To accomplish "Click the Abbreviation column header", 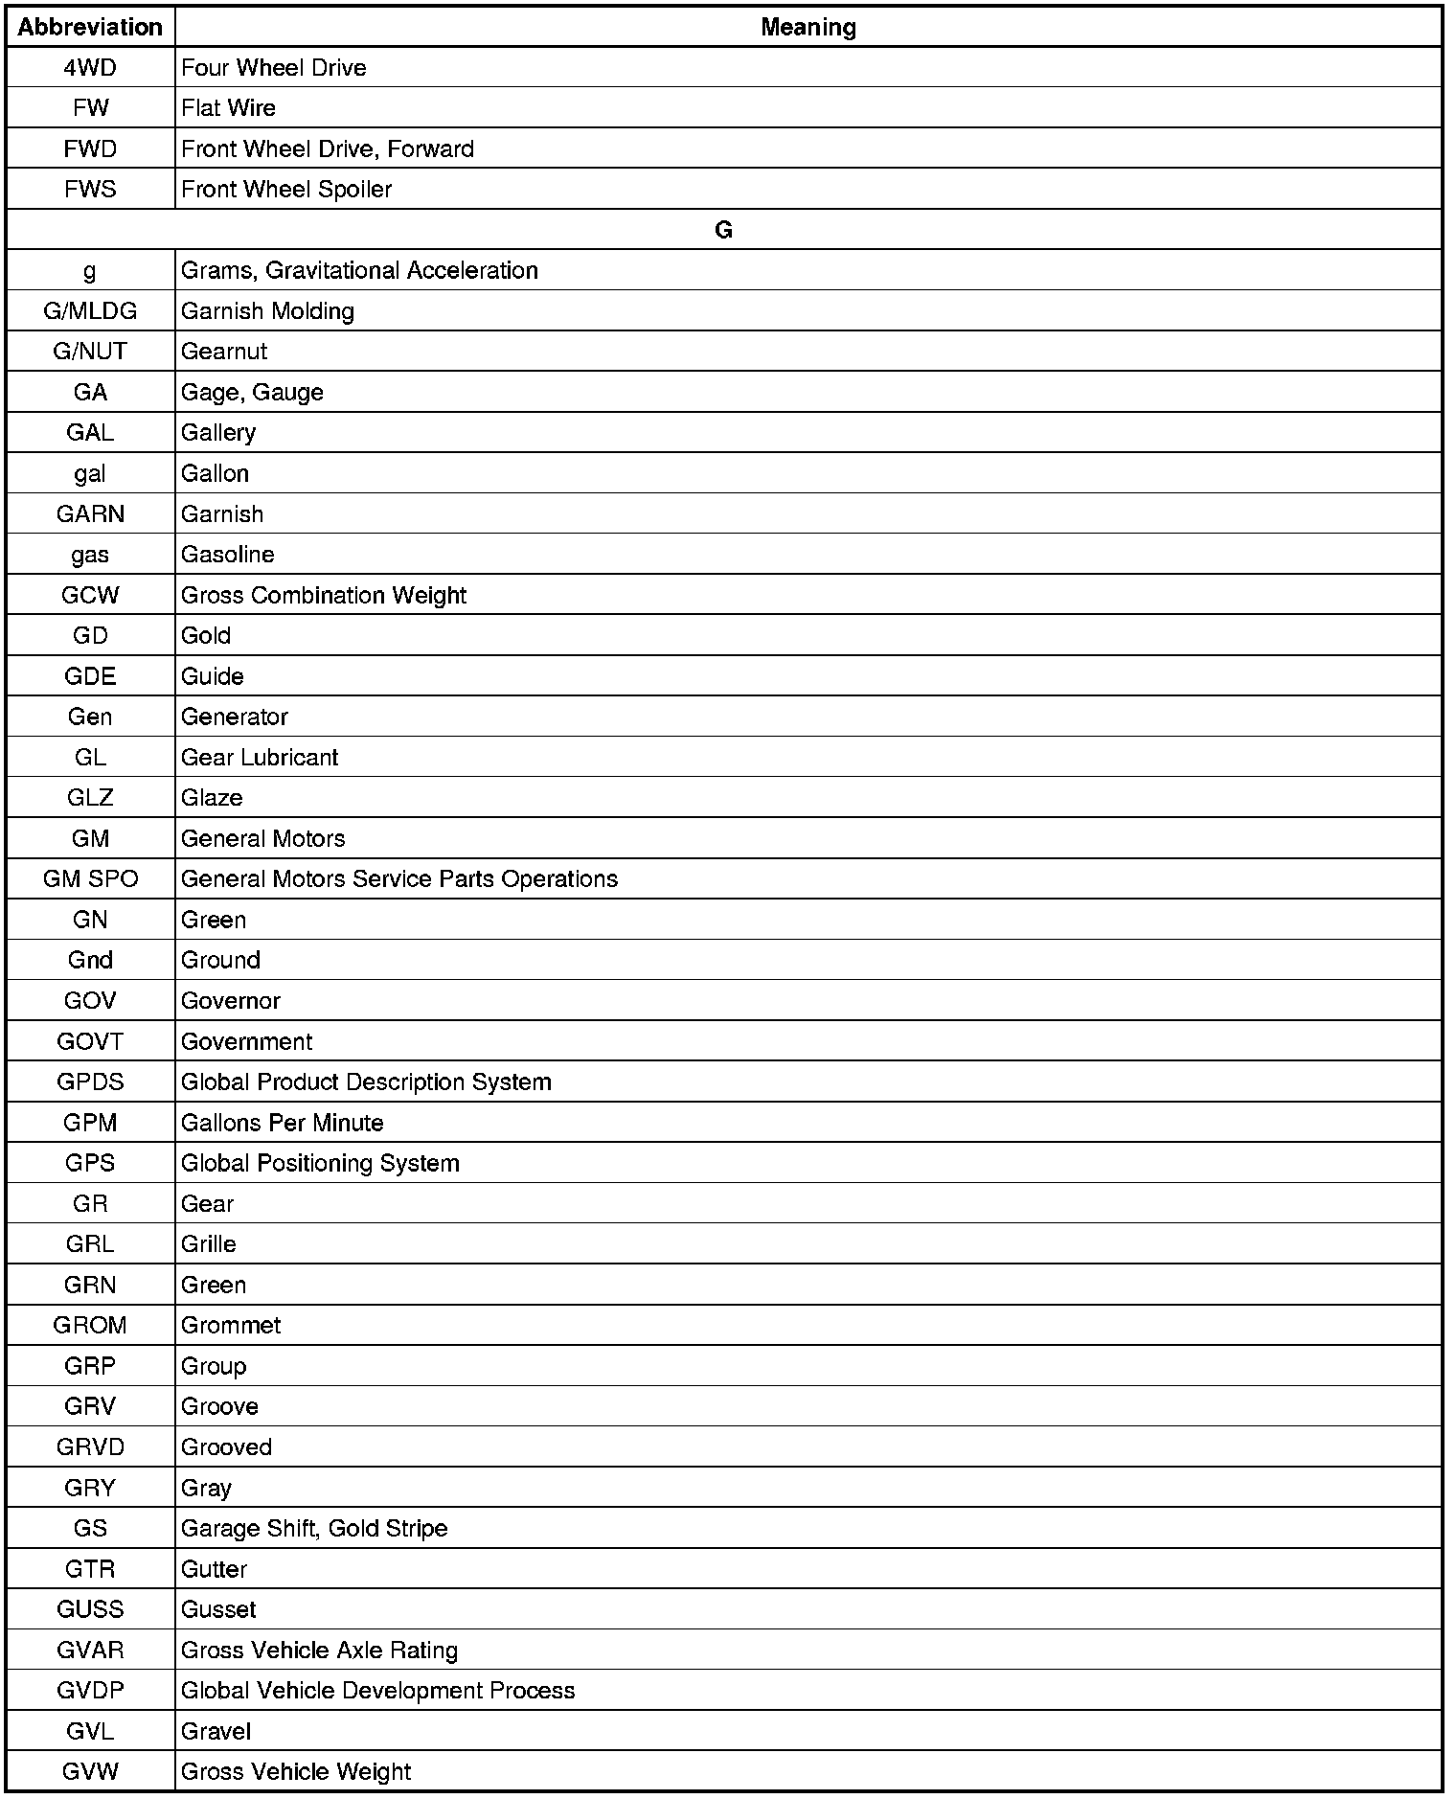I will click(x=90, y=27).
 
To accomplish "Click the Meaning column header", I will click(x=808, y=27).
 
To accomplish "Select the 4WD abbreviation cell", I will click(x=90, y=68).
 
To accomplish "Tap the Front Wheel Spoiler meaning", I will click(x=286, y=190).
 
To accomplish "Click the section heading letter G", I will click(x=723, y=230).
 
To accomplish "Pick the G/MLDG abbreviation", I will click(x=90, y=311).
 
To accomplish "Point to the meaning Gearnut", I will click(x=224, y=352).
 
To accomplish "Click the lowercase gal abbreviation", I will click(x=90, y=474).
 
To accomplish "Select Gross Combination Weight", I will click(x=324, y=596).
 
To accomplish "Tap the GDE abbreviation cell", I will click(x=90, y=676).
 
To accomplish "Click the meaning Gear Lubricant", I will click(x=260, y=758).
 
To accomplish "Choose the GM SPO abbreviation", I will click(x=90, y=879).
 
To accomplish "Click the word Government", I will click(x=246, y=1041).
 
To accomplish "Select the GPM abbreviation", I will click(x=90, y=1123).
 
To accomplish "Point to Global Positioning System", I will click(x=320, y=1163).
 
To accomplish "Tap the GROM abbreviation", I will click(x=90, y=1326).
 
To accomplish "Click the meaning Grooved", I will click(x=226, y=1447).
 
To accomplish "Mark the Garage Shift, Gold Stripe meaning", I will click(x=314, y=1529).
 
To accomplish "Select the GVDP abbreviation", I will click(x=90, y=1691).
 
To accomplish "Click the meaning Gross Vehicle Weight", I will click(x=296, y=1772).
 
